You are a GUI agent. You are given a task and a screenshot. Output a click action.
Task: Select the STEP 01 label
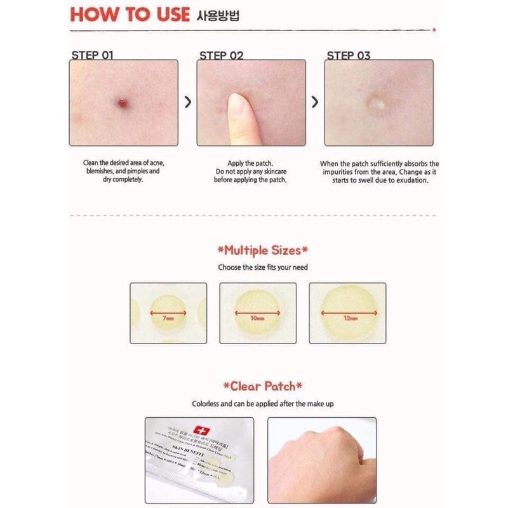[x=93, y=55]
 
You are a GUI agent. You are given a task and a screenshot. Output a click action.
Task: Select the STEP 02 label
[x=222, y=55]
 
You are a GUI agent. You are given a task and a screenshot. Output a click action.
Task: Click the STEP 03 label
[x=349, y=55]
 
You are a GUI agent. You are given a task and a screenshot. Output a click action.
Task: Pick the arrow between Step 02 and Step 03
[x=315, y=102]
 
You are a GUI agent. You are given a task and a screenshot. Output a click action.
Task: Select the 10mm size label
[x=257, y=316]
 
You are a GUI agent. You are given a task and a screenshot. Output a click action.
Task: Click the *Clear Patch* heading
[x=263, y=385]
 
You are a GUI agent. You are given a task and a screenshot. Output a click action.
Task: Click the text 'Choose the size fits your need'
[x=263, y=267]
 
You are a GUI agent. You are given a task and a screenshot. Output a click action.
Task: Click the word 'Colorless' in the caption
[x=208, y=403]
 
